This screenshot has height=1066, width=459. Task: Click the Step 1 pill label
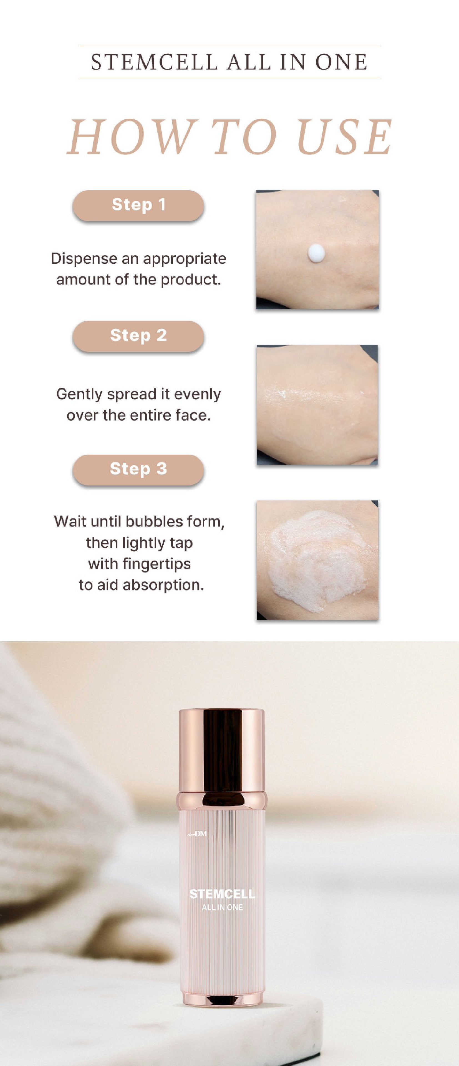[x=138, y=205]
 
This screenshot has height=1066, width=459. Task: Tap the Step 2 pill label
[x=138, y=336]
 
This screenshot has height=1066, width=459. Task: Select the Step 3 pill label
[x=138, y=469]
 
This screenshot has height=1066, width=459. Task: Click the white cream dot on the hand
[x=316, y=253]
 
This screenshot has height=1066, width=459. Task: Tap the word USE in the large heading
[x=344, y=137]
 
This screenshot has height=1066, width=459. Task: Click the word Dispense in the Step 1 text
[x=84, y=259]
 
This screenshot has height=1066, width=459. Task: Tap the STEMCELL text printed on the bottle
[x=222, y=894]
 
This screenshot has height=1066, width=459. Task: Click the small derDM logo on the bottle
[x=197, y=834]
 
